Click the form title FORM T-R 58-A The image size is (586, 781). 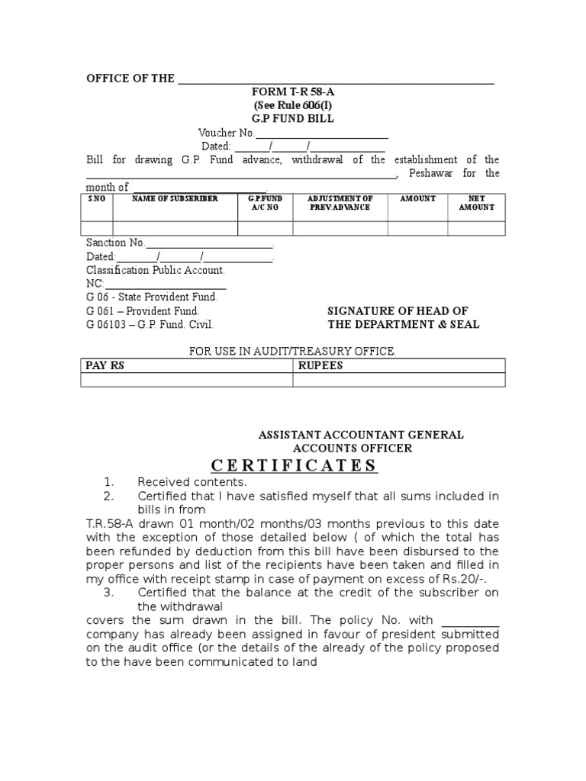click(x=294, y=92)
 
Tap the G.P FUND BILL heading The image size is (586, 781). click(x=293, y=119)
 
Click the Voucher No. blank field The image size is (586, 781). click(x=322, y=133)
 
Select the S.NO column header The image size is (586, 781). click(x=96, y=199)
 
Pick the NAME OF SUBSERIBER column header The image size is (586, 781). click(x=175, y=199)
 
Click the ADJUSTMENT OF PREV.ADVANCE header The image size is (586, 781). click(x=340, y=203)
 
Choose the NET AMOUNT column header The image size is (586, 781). click(x=476, y=203)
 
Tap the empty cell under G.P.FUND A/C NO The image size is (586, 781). click(x=265, y=228)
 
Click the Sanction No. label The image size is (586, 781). click(x=115, y=243)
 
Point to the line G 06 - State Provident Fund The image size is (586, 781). click(x=156, y=297)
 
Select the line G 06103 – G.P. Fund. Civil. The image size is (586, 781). click(x=150, y=324)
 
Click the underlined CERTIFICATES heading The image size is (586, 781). click(x=293, y=466)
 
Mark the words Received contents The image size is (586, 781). click(x=192, y=482)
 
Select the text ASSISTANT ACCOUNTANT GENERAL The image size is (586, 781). click(x=361, y=435)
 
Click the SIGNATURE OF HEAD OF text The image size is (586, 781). click(x=398, y=311)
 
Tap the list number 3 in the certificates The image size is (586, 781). click(x=108, y=592)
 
